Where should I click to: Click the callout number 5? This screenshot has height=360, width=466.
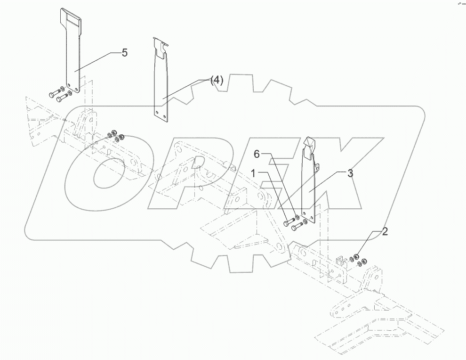tap(124, 52)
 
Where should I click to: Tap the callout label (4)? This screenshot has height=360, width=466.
tap(216, 80)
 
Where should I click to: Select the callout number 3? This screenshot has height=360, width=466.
tap(350, 173)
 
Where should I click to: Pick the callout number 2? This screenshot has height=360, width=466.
tap(385, 231)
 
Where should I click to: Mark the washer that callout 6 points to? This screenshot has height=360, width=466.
tap(296, 218)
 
